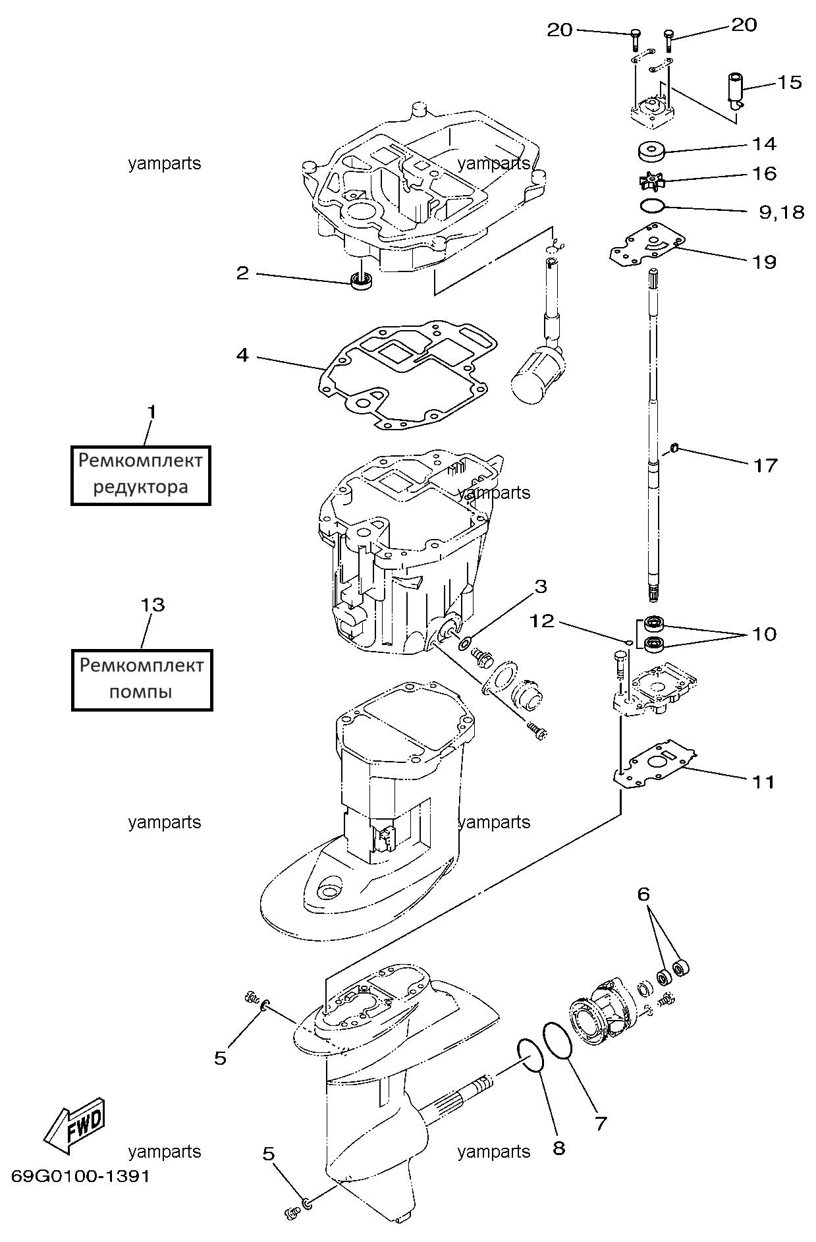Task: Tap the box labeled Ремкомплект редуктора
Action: (141, 474)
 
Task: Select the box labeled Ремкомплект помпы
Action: (142, 680)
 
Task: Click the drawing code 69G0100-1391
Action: (80, 1176)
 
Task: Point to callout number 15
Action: (790, 82)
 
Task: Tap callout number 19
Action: (764, 262)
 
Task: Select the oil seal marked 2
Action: (361, 279)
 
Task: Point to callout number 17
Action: (765, 466)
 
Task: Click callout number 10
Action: (764, 635)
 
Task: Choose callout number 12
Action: (543, 621)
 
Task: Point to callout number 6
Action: (643, 894)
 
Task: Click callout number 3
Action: (540, 586)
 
